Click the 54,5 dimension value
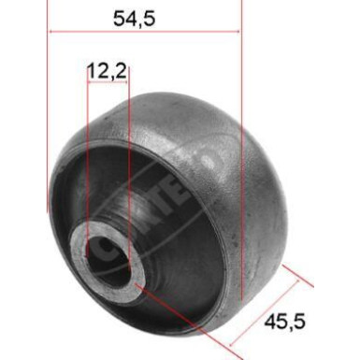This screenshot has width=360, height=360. click(x=145, y=16)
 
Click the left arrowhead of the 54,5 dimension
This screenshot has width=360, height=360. click(x=51, y=32)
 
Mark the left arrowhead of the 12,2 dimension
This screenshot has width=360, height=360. click(x=91, y=82)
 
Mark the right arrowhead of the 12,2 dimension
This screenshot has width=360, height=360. click(x=126, y=82)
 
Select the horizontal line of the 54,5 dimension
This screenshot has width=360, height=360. click(x=145, y=32)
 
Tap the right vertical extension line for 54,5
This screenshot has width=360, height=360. click(x=241, y=140)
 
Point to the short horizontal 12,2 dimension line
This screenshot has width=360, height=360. click(x=108, y=82)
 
